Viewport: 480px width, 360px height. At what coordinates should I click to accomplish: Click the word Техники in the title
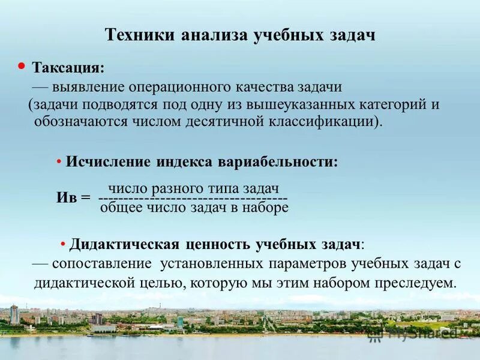point(137,34)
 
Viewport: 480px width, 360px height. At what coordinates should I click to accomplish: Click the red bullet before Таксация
point(22,64)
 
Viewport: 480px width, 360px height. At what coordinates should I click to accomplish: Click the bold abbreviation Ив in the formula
point(68,198)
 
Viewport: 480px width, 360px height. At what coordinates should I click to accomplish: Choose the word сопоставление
point(101,264)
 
